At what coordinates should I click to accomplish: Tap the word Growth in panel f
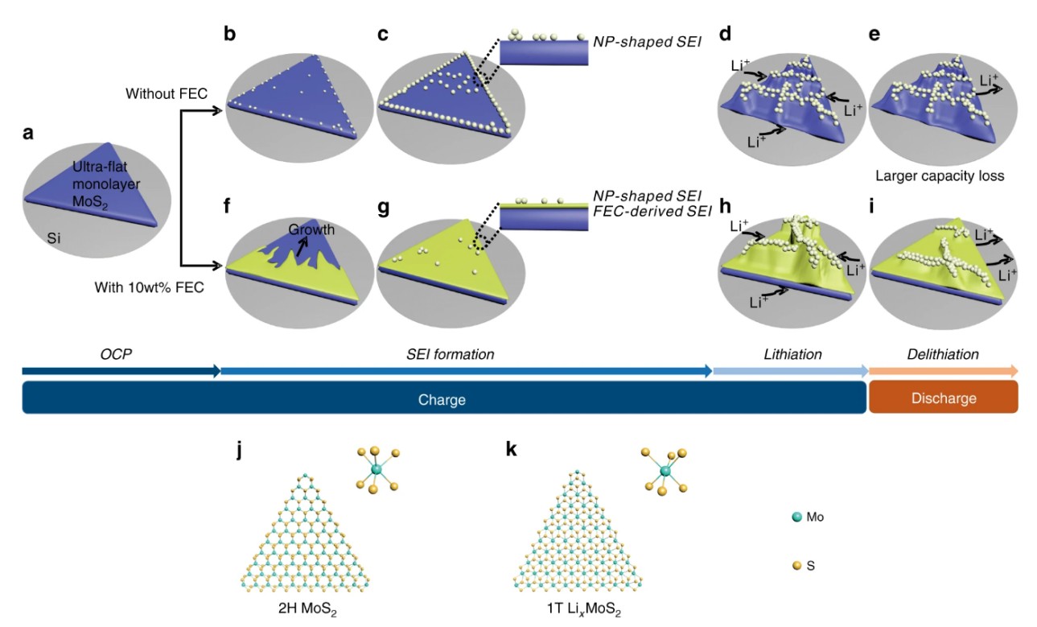[313, 229]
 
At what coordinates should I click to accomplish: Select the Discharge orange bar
[943, 398]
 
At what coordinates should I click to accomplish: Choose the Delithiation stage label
[943, 354]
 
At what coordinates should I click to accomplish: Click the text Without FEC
[167, 94]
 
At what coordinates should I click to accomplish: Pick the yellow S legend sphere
[796, 566]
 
